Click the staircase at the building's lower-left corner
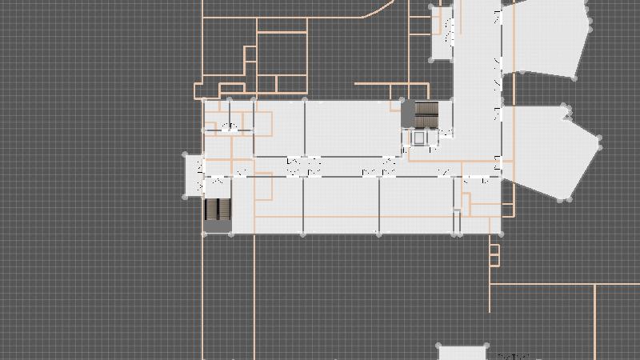[218, 210]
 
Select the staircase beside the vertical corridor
[428, 115]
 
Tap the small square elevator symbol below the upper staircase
[418, 138]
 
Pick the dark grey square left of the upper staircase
[407, 114]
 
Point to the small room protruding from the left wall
[194, 174]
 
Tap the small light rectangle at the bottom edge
[462, 353]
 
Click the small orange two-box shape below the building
[494, 254]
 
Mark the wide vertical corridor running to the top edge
[478, 48]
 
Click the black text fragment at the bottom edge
[514, 356]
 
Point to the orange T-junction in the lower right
[595, 285]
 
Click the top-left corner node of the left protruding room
[186, 154]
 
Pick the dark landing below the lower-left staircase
[218, 227]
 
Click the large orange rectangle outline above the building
[282, 54]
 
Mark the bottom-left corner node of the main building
[203, 234]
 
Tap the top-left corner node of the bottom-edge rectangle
[439, 346]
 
